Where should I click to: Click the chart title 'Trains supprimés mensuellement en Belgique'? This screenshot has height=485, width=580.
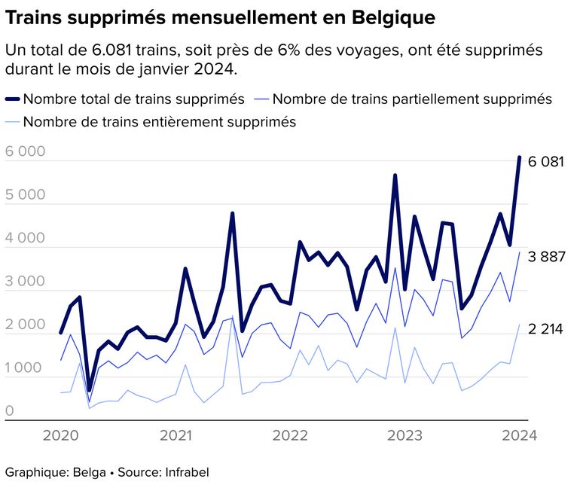[219, 16]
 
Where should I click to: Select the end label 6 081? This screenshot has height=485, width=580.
[546, 162]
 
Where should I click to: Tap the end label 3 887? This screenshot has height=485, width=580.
[546, 257]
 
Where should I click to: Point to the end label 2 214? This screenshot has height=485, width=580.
[546, 329]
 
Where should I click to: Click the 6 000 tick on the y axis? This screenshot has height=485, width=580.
[25, 151]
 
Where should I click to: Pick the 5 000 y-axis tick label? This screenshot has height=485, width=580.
[25, 195]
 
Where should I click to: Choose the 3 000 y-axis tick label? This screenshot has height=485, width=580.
[25, 282]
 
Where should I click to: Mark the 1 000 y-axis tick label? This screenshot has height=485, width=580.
[25, 368]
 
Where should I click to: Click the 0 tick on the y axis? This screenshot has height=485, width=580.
[10, 411]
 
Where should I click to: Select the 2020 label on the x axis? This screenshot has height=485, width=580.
[61, 435]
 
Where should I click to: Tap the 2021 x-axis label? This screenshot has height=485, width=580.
[176, 435]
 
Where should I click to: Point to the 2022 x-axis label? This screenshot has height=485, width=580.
[290, 435]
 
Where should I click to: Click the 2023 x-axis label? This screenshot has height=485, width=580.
[404, 435]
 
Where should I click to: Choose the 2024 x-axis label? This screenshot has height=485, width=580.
[519, 435]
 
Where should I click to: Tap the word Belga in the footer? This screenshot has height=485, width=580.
[89, 472]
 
